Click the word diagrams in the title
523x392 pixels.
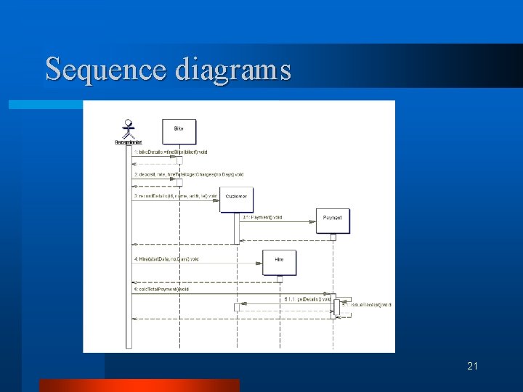tap(232, 70)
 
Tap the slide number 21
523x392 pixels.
tap(472, 366)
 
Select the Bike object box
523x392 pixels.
tap(179, 130)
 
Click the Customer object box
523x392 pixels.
tap(236, 197)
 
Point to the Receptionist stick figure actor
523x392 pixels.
tap(129, 128)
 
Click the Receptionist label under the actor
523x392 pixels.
tap(128, 142)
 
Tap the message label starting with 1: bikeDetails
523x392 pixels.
tap(170, 152)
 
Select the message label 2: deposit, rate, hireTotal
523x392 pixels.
tap(188, 174)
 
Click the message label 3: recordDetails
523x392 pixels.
tap(175, 196)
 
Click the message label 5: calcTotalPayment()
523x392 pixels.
tap(161, 289)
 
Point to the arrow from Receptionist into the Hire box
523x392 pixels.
tap(196, 263)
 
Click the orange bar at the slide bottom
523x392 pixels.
tap(139, 385)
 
